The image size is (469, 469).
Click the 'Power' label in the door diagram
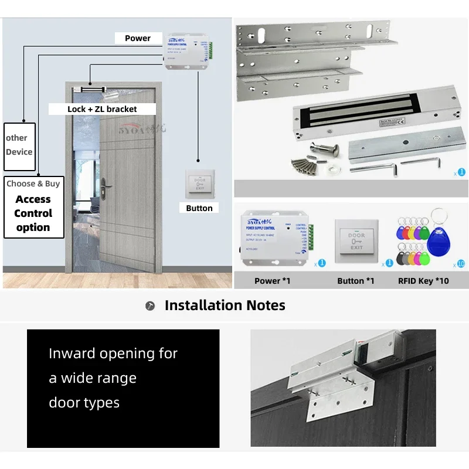point(138,38)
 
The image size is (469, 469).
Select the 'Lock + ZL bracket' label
point(102,109)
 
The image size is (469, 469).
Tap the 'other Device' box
point(19,145)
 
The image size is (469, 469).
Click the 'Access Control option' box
point(33,207)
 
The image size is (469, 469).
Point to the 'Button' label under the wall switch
point(199,208)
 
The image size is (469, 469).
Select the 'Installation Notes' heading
point(225,305)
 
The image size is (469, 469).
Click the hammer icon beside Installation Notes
point(151,306)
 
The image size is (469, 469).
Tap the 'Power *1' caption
point(272,281)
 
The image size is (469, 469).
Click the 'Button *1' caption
point(355,281)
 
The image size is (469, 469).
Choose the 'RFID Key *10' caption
point(423,281)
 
